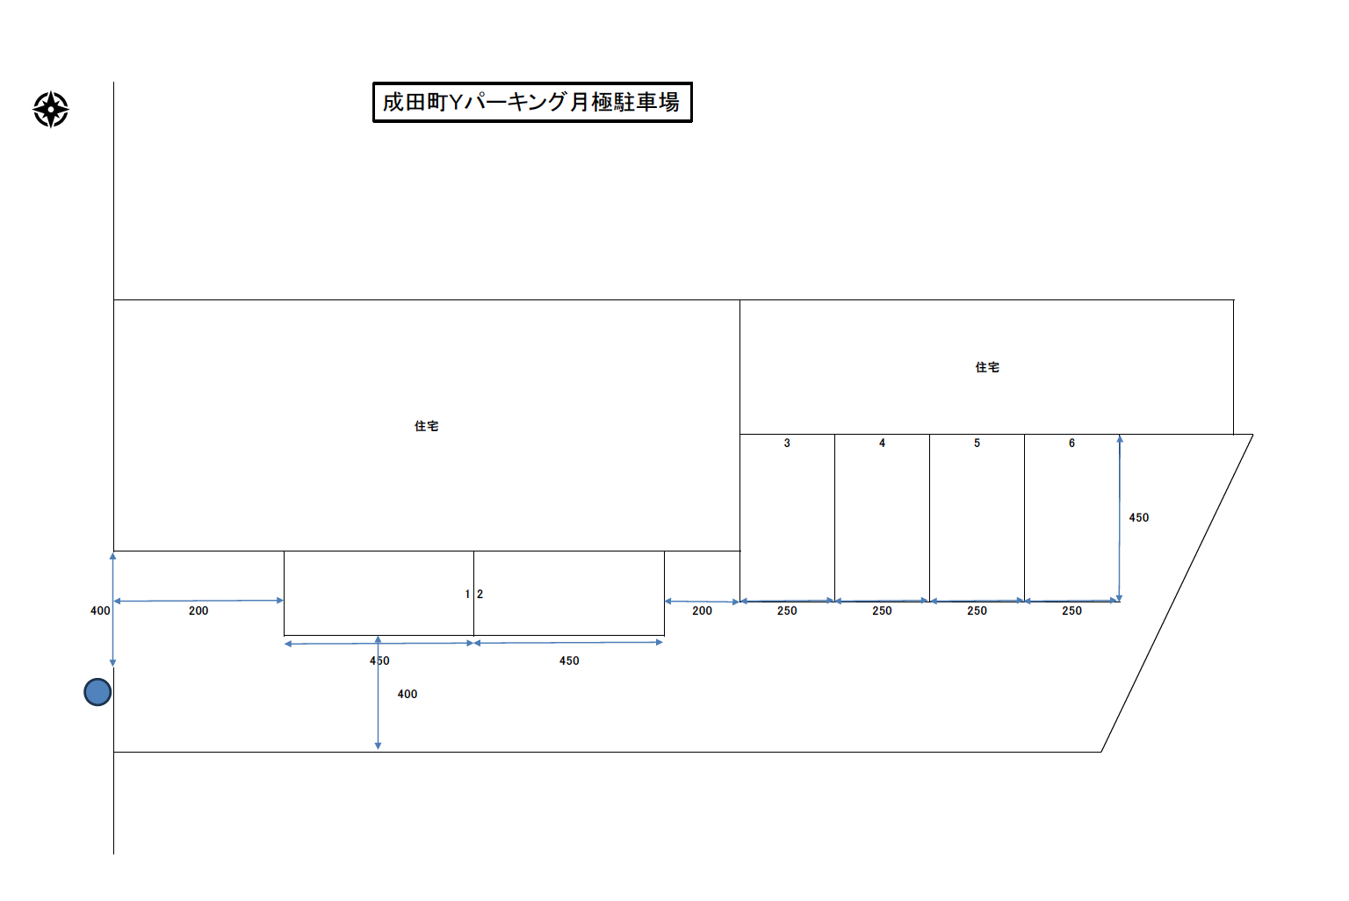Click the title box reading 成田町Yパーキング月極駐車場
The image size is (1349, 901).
point(532,103)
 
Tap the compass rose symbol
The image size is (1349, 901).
point(51,109)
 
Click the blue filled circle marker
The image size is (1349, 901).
point(97,692)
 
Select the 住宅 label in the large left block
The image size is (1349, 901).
point(427,426)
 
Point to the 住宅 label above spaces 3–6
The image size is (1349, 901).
point(987,367)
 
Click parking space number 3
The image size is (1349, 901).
point(787,443)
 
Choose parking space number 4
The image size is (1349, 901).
point(882,443)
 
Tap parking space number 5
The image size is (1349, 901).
point(977,443)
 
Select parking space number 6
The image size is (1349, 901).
point(1071,443)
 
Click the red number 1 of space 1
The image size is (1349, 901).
point(467,595)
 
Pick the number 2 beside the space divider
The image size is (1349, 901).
point(480,595)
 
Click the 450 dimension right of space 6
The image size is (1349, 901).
point(1139,518)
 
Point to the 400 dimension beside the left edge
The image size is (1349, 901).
point(100,610)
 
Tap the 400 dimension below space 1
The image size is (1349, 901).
point(408,694)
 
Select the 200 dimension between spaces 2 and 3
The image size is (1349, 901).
point(702,610)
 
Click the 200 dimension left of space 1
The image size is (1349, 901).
point(198,610)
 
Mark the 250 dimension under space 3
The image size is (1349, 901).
point(787,610)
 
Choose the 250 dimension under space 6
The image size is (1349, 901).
point(1071,610)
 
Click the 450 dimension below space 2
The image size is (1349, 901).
point(569,660)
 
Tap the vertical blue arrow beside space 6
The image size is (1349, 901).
point(1119,518)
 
